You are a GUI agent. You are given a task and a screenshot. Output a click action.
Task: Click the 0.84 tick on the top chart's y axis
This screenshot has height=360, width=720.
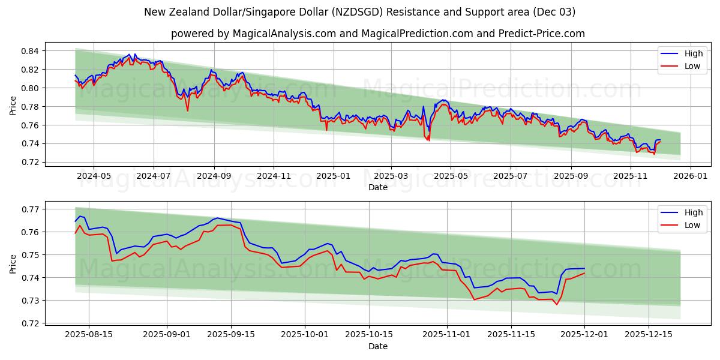point(30,51)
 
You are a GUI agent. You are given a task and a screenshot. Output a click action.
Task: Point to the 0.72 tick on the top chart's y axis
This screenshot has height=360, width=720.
point(30,162)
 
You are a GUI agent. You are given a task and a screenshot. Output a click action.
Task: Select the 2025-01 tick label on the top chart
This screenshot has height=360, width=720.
point(332,176)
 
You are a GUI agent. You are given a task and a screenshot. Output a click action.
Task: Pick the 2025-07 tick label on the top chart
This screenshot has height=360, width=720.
point(510,176)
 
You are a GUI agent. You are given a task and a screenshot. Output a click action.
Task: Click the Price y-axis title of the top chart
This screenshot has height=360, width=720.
point(13,106)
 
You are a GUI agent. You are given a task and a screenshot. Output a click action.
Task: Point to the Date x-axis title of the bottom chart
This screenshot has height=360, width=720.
point(378,346)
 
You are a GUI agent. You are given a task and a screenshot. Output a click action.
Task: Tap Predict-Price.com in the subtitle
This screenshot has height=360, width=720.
point(541,34)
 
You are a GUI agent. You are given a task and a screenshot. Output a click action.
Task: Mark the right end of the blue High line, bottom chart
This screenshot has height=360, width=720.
point(584,268)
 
